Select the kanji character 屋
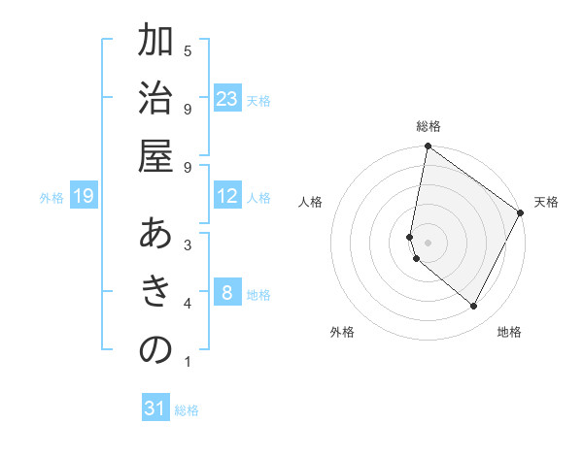point(155,155)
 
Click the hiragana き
point(155,292)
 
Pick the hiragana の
point(155,350)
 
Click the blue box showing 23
point(227,99)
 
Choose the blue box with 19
point(84,197)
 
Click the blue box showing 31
point(155,408)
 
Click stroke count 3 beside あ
point(187,245)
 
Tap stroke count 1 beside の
point(187,363)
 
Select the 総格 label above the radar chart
point(429,127)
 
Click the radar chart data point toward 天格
point(521,213)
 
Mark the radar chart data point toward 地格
point(474,307)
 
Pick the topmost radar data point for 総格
point(428,147)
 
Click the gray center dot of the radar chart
point(429,242)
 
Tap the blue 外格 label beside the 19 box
point(51,198)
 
